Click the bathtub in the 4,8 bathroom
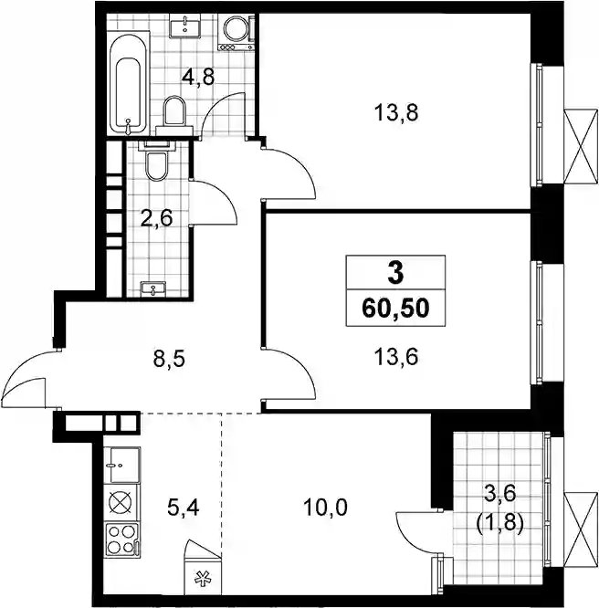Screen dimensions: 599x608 (x=128, y=84)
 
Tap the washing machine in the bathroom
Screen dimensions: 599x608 (x=236, y=33)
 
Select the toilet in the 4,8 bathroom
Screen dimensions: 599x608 (x=174, y=115)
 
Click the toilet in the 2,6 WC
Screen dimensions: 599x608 (x=156, y=161)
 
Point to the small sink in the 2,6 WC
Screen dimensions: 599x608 (x=153, y=289)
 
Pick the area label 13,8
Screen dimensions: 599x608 (x=396, y=113)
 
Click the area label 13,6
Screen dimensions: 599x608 (x=396, y=357)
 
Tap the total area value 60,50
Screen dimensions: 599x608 (x=395, y=309)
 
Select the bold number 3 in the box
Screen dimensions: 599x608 (x=395, y=272)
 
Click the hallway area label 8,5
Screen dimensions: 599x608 (x=169, y=360)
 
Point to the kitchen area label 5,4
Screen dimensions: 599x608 (x=184, y=508)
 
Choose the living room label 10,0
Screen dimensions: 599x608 (x=325, y=508)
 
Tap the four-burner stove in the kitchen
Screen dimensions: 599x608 (x=122, y=539)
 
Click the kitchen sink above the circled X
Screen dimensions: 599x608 (x=122, y=465)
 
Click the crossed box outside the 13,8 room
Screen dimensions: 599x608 (x=581, y=146)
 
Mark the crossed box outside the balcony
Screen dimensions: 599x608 (x=581, y=529)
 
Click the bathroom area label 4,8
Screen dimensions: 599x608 (x=198, y=78)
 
